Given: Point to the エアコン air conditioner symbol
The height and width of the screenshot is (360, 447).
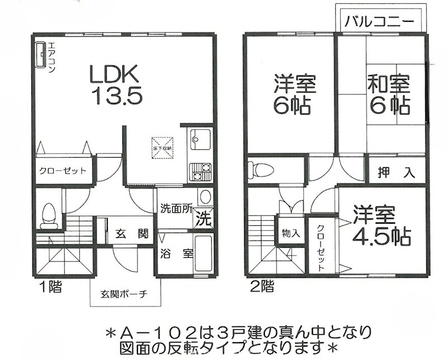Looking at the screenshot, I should [41, 54].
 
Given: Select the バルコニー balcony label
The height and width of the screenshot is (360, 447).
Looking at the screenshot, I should [378, 23].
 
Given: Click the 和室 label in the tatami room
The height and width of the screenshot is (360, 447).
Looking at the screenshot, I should [388, 84].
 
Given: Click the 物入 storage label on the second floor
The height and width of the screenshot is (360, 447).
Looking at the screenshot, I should [291, 233].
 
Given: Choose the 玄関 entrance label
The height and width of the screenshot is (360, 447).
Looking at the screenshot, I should [131, 233].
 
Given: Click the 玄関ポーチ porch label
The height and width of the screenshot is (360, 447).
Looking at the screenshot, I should [124, 294].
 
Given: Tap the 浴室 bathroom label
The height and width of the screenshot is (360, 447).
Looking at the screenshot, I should [177, 253].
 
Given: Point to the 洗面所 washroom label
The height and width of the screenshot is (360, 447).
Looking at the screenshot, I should [176, 210].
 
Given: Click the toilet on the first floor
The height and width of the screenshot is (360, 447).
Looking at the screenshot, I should [49, 215].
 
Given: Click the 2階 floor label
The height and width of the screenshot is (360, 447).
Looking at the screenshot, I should [262, 288].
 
